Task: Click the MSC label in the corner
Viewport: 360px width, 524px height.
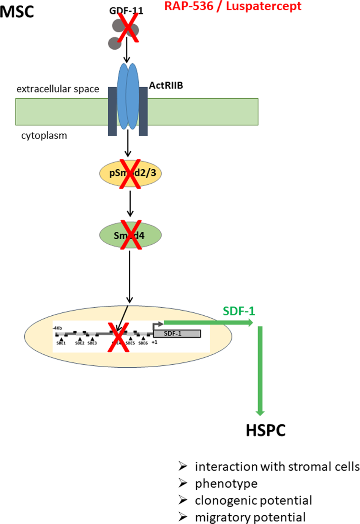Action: [17, 11]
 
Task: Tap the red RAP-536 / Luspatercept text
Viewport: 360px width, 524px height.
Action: [233, 6]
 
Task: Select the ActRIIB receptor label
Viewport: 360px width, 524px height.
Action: [166, 86]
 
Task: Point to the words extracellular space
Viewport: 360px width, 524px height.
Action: [58, 89]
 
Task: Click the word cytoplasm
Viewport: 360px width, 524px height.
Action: [44, 136]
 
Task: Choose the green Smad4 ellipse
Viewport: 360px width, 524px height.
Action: [108, 235]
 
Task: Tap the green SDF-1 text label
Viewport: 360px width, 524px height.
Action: [239, 311]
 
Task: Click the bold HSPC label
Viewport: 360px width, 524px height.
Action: [265, 431]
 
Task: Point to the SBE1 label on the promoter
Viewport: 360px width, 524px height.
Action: [61, 343]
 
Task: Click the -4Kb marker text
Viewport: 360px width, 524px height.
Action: [58, 328]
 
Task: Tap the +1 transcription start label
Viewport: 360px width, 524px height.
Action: [155, 342]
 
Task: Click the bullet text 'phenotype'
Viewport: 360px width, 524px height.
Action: [226, 484]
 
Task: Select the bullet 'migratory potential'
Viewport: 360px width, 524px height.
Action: [250, 518]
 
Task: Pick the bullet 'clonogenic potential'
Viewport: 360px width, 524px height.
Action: [253, 500]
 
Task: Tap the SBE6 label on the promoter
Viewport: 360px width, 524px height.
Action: [143, 343]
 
